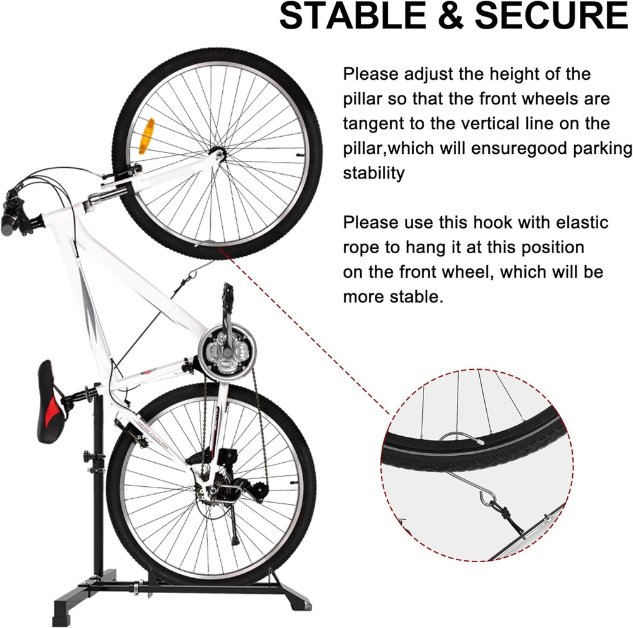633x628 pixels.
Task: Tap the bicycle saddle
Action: [50, 402]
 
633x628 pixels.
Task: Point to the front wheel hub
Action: [218, 154]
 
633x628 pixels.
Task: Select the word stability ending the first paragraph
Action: [373, 173]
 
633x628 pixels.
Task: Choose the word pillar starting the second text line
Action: [362, 99]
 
